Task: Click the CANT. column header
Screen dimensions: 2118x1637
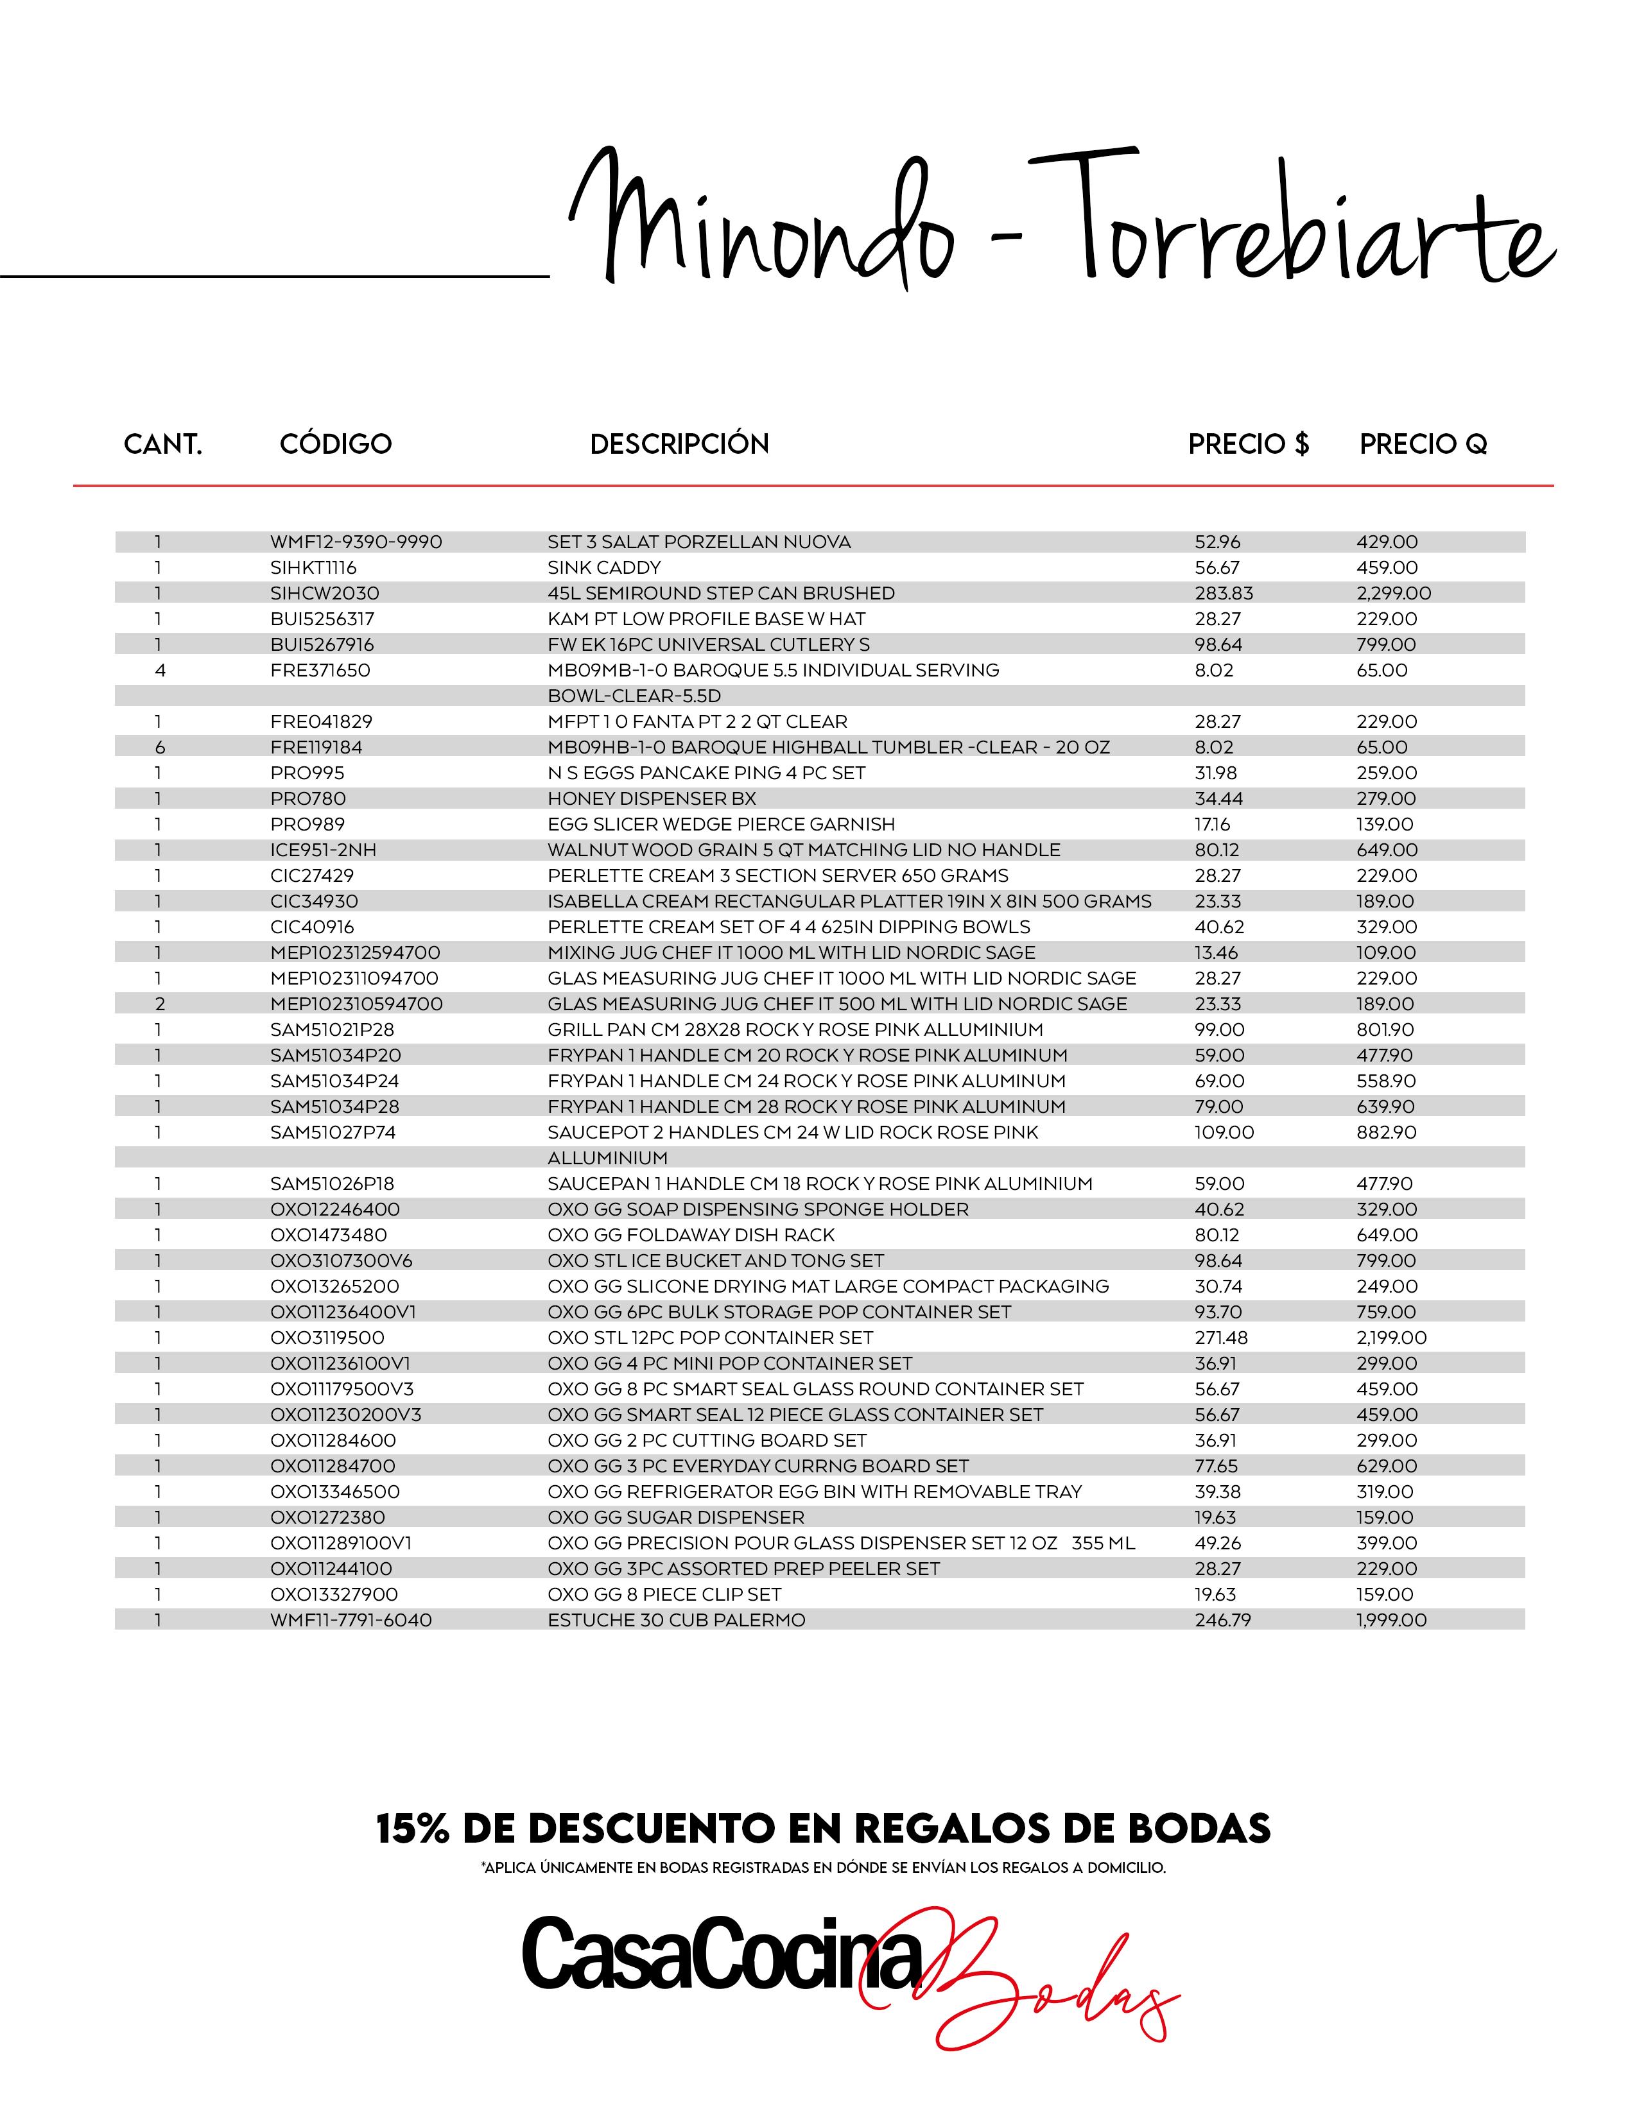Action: pos(163,444)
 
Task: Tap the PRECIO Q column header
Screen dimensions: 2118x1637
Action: pos(1423,444)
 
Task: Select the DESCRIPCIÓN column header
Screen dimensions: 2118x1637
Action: pos(679,444)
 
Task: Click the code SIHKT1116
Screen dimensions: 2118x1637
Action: pos(313,567)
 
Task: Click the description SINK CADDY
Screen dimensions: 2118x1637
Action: pos(604,567)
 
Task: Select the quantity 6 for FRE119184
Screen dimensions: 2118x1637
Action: pos(160,746)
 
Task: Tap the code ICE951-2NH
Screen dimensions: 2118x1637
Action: pos(323,850)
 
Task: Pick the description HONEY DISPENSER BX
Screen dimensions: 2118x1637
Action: pos(652,798)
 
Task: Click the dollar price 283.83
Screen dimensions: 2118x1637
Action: pos(1224,592)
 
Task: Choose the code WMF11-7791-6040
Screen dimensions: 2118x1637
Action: pos(351,1619)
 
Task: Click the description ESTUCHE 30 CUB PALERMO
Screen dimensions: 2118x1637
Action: pos(676,1619)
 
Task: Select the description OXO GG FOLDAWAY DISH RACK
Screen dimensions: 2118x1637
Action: pos(691,1234)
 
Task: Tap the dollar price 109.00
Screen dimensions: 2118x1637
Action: pos(1224,1132)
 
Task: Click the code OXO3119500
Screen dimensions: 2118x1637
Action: pos(327,1338)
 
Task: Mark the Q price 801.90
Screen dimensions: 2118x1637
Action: pos(1385,1029)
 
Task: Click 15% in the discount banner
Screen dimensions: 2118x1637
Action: pos(411,1829)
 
